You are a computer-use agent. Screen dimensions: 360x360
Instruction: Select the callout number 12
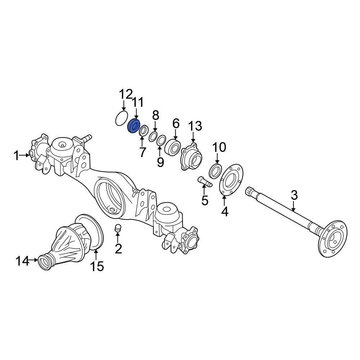coord(126,95)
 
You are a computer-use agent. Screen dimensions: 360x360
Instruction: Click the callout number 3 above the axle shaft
coord(294,195)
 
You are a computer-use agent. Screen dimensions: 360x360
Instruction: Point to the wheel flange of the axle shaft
coord(334,238)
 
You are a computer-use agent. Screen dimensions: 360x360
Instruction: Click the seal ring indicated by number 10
coord(215,170)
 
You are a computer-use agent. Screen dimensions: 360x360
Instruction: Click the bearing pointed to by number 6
coord(173,147)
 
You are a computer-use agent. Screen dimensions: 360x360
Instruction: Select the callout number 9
coord(160,162)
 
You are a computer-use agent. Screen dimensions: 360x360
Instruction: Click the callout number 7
coord(143,152)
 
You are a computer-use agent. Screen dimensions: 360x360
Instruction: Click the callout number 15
coord(96,266)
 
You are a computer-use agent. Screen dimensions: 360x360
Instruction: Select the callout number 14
coord(22,261)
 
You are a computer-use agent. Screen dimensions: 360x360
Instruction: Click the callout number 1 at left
coord(16,156)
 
